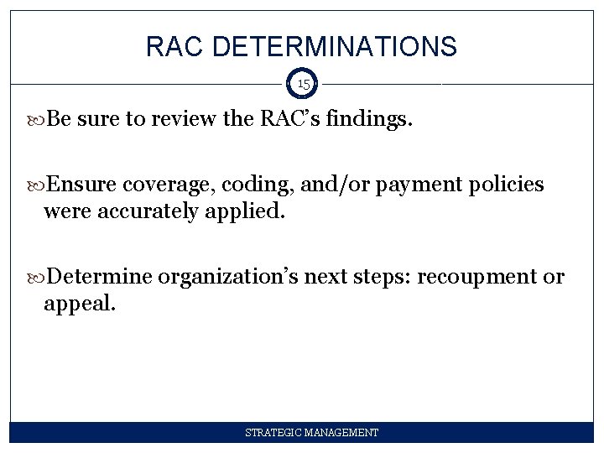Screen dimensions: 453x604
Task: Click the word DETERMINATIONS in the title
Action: coord(335,47)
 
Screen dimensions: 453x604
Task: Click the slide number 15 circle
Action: coord(303,84)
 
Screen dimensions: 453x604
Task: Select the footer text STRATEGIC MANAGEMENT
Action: coord(311,433)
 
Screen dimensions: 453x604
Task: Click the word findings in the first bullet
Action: coord(371,119)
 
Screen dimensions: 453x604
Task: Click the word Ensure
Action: coord(82,185)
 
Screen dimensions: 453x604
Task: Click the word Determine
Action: coord(100,277)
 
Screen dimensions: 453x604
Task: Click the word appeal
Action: coord(80,304)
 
